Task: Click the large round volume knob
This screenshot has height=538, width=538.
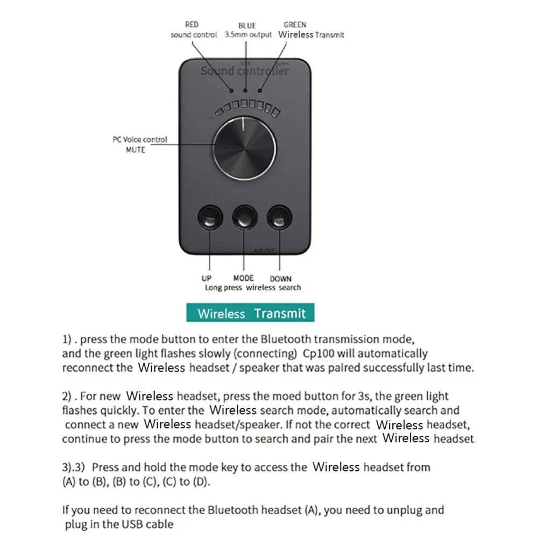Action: [x=245, y=148]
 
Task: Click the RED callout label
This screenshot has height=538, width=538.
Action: [x=192, y=25]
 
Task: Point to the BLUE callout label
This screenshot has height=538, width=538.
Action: [x=247, y=25]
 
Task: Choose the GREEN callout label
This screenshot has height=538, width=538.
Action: [x=295, y=25]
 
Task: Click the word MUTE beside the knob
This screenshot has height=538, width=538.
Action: [x=136, y=150]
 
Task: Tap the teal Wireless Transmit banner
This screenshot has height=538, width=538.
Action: [x=250, y=313]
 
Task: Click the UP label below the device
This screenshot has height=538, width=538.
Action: [x=206, y=278]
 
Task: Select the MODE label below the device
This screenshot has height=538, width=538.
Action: [x=243, y=278]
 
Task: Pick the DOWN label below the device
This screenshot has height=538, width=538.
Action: [x=280, y=278]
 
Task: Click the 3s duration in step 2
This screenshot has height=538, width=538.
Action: [x=363, y=397]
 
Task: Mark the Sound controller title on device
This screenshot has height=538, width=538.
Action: [x=245, y=70]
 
